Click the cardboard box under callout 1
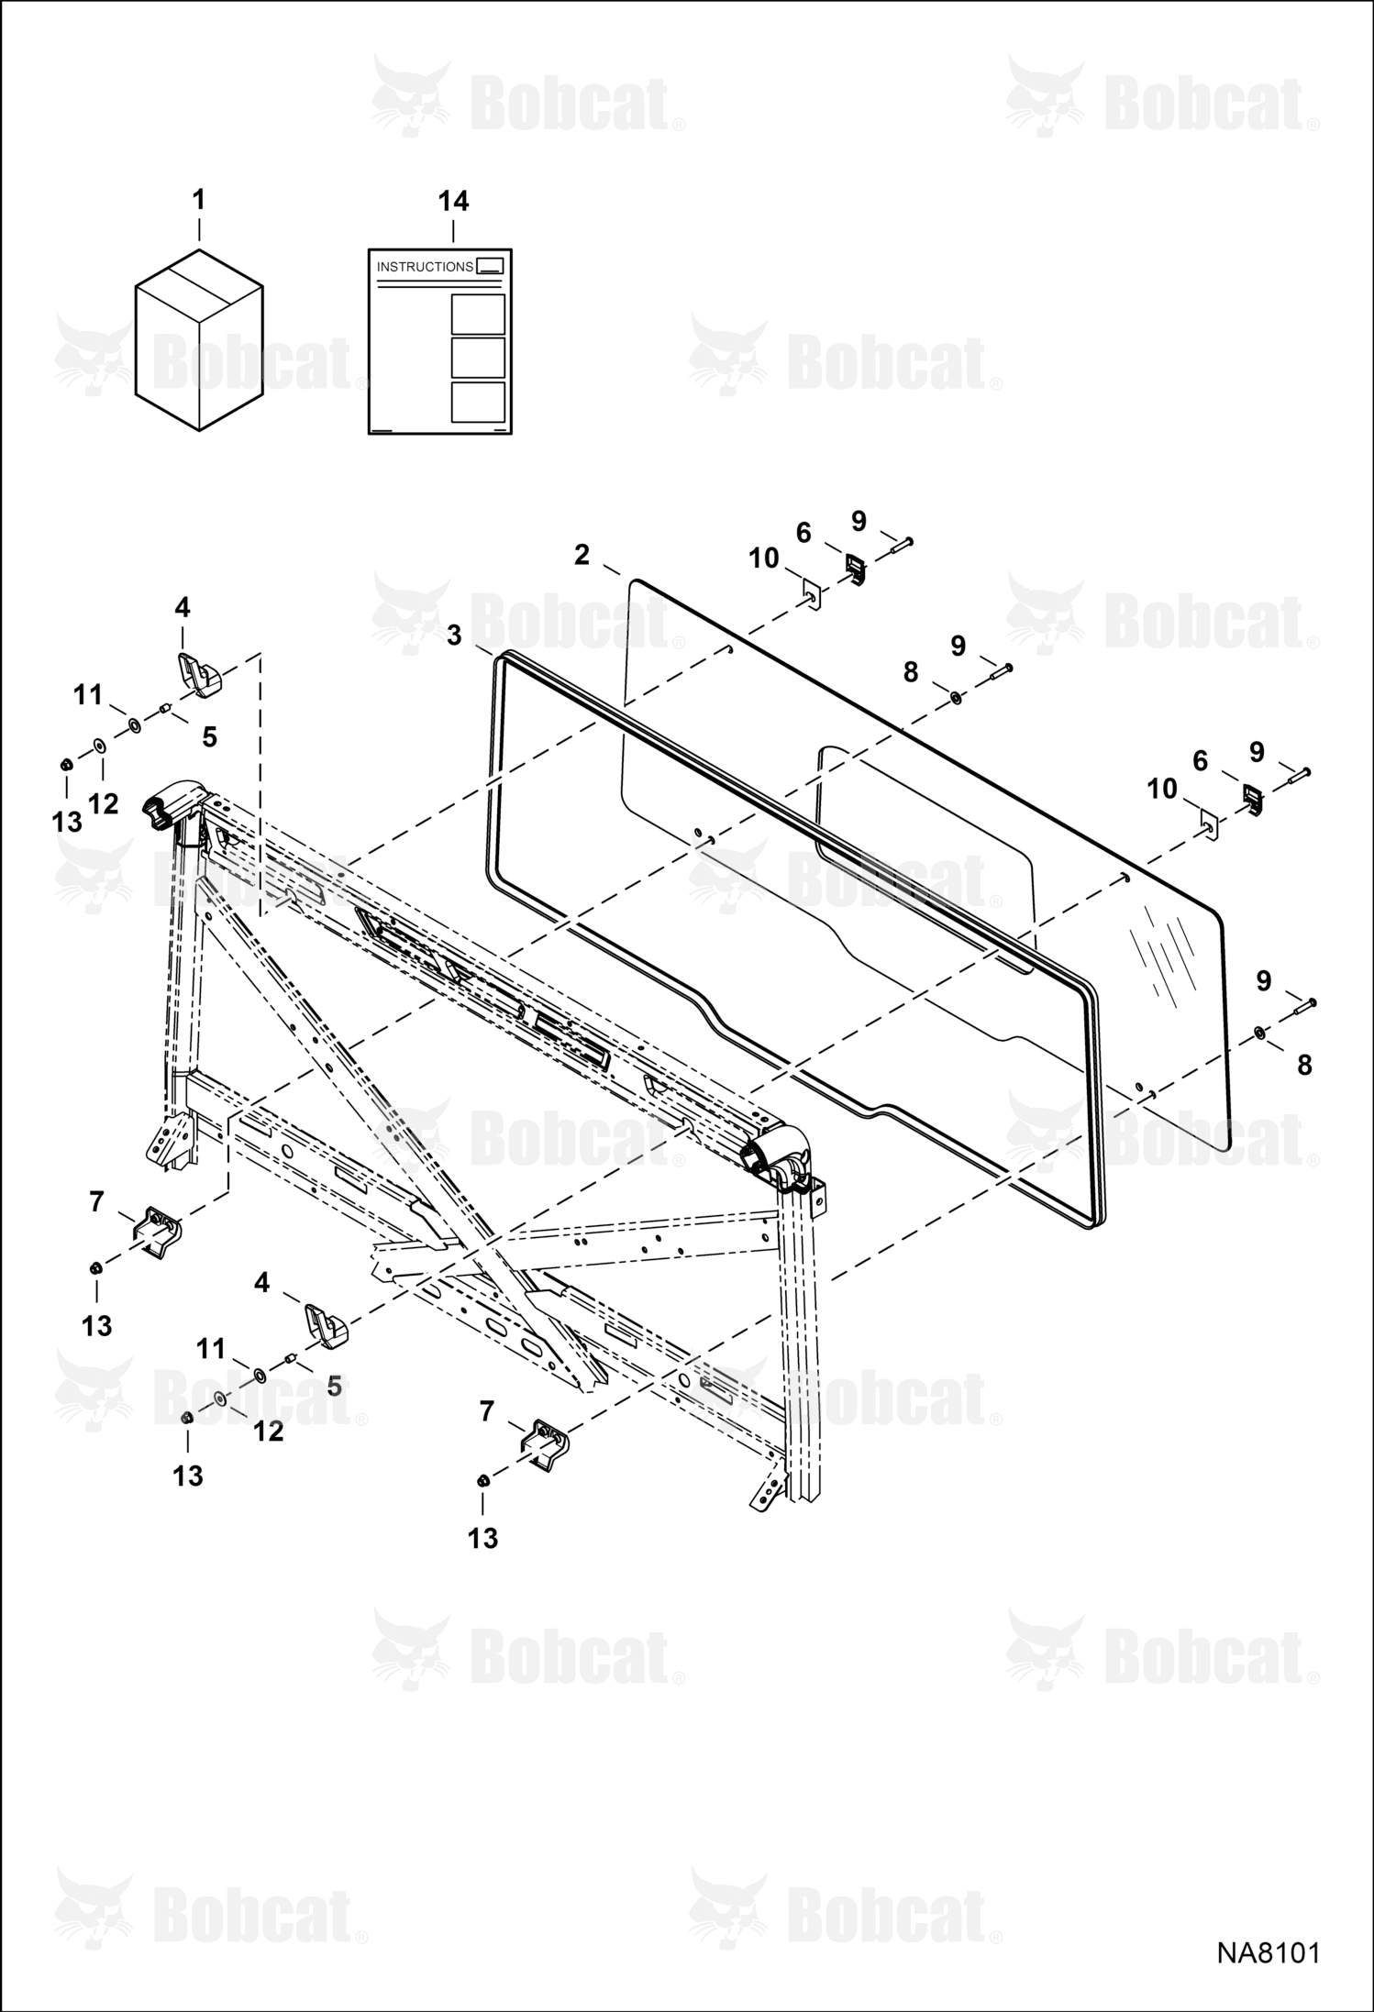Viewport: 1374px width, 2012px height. (199, 339)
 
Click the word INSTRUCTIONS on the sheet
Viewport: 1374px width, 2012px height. (425, 267)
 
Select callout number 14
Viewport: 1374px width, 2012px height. (453, 202)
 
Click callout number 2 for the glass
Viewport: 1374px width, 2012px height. (582, 555)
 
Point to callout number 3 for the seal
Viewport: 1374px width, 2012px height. (454, 635)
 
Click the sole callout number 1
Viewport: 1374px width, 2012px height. (198, 200)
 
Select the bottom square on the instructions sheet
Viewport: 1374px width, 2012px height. (478, 402)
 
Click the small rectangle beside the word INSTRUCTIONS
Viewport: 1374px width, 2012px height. (491, 266)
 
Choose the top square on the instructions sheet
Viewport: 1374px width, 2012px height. (478, 315)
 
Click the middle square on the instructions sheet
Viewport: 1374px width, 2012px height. (478, 358)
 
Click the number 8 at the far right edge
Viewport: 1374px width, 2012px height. (1304, 1065)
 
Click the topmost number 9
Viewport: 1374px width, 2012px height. (859, 521)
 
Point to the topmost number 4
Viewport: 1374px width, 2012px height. (183, 607)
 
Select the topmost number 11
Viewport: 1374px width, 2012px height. (88, 695)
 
